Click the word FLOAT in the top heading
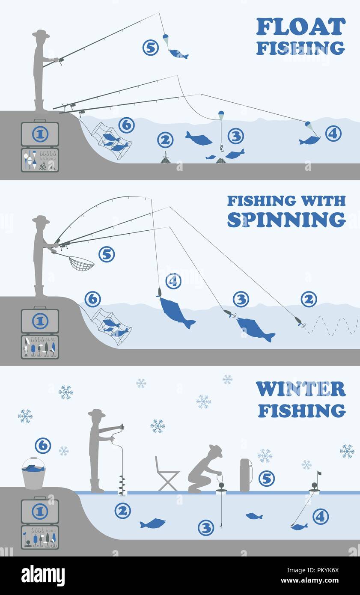pos(300,27)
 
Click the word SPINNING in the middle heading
pos(286,219)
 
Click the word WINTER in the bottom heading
pos(300,390)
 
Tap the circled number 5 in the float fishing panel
pos(150,48)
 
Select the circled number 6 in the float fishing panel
pos(126,125)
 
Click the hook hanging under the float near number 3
pos(221,148)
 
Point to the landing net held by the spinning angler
pos(81,263)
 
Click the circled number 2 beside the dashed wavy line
pos(309,299)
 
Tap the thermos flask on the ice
pos(245,475)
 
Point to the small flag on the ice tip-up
pos(318,474)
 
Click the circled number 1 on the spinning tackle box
pos(40,321)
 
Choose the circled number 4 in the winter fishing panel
pos(320,517)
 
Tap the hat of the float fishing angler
pos(41,34)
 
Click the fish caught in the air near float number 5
pos(178,54)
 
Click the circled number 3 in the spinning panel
pos(241,299)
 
